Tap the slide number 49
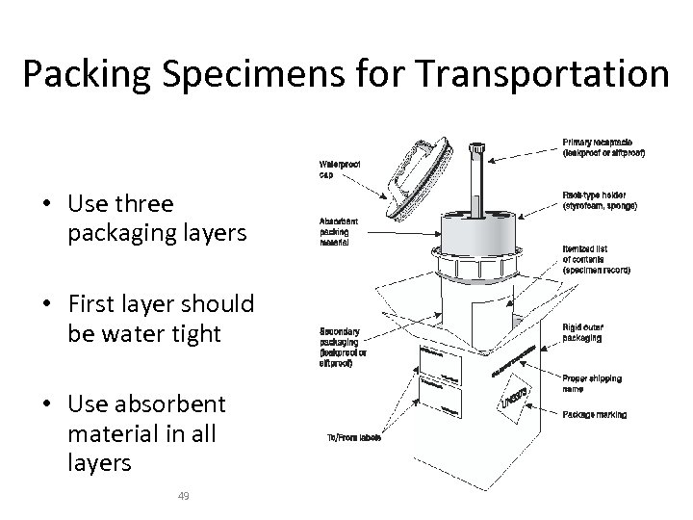[x=185, y=496]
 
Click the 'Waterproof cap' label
[x=340, y=169]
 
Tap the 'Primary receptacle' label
[x=603, y=146]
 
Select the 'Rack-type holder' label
[x=603, y=200]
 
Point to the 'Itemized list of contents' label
[x=596, y=259]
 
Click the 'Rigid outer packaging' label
[x=589, y=331]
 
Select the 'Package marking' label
[x=594, y=415]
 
